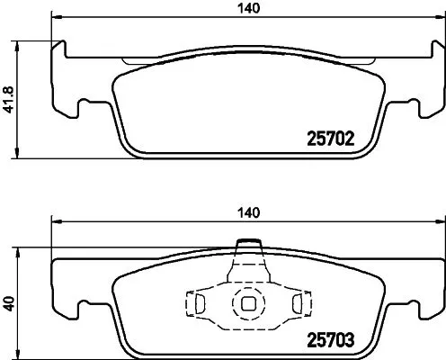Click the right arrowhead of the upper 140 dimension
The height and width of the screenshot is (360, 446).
(438, 19)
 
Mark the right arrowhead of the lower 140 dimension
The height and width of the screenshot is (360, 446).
(438, 221)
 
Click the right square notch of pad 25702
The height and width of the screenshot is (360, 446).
(407, 109)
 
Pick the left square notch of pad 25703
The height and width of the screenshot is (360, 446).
(87, 311)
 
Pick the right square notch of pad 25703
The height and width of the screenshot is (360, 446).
(407, 311)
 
